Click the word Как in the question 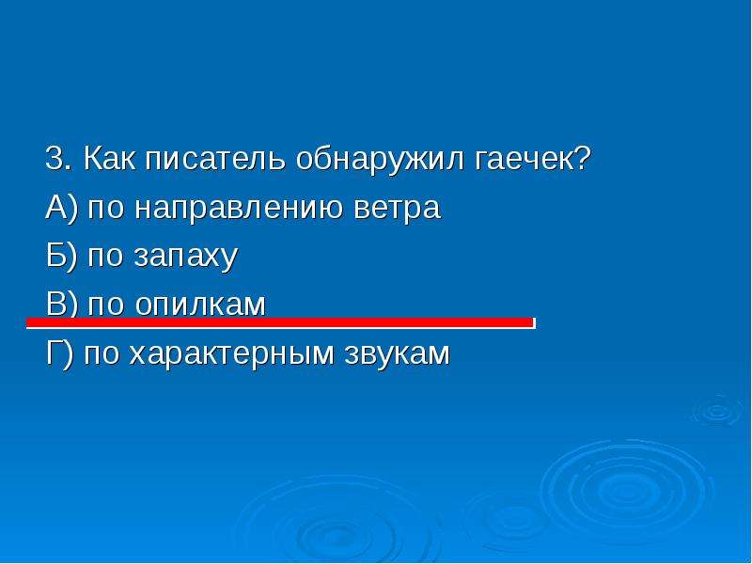109,158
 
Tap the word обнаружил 380,160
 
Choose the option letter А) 61,208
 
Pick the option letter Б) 61,257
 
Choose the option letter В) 61,305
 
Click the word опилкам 200,305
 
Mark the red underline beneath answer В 280,323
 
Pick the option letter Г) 60,354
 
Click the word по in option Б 105,258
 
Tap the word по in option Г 102,354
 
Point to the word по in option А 105,209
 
